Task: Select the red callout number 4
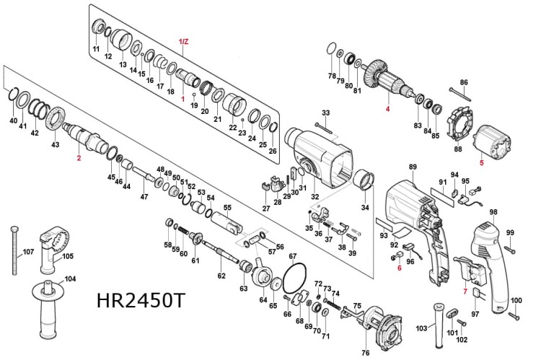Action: tap(387, 109)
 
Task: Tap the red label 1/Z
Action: tap(183, 42)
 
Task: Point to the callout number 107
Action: tap(28, 252)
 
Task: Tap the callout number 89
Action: tap(413, 167)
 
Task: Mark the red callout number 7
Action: tap(465, 292)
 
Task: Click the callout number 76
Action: tap(365, 352)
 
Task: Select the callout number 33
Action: tap(325, 113)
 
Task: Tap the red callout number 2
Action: tap(79, 157)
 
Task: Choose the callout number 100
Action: tap(516, 300)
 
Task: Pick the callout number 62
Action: tap(221, 275)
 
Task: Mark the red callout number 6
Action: tap(398, 268)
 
